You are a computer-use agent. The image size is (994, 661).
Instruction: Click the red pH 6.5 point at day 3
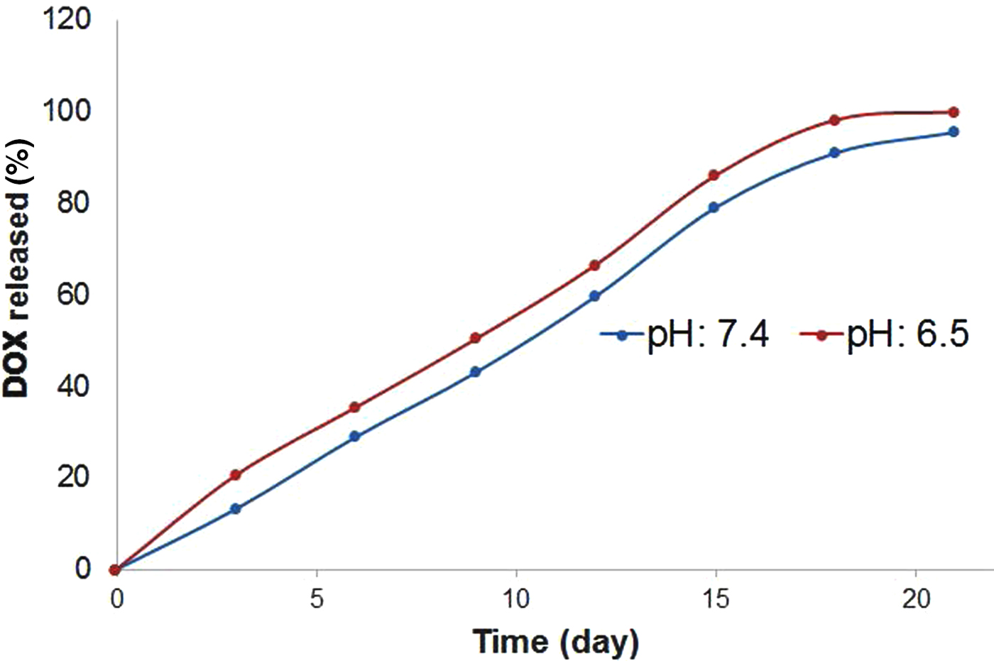tap(236, 475)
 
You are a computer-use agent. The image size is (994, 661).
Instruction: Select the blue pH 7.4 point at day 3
tap(236, 509)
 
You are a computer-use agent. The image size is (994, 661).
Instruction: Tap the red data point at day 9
tap(476, 338)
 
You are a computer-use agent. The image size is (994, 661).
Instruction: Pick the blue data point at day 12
tap(595, 296)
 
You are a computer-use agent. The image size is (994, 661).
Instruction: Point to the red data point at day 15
tap(714, 175)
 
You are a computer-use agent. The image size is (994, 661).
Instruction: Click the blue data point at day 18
tap(834, 153)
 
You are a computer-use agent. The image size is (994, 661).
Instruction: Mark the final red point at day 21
tap(954, 112)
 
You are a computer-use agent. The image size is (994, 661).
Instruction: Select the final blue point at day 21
tap(954, 132)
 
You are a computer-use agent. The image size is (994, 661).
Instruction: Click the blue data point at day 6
tap(355, 437)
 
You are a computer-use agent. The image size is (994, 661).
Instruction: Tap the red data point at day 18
tap(834, 120)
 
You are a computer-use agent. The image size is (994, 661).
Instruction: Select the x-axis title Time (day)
tap(556, 642)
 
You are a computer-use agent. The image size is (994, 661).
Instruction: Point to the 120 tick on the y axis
tap(67, 19)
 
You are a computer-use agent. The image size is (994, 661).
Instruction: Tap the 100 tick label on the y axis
tap(67, 111)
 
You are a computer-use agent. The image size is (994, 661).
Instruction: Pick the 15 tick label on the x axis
tap(715, 599)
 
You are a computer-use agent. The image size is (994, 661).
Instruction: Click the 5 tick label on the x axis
tap(316, 599)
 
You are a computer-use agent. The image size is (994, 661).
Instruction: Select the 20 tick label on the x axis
tap(915, 599)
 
